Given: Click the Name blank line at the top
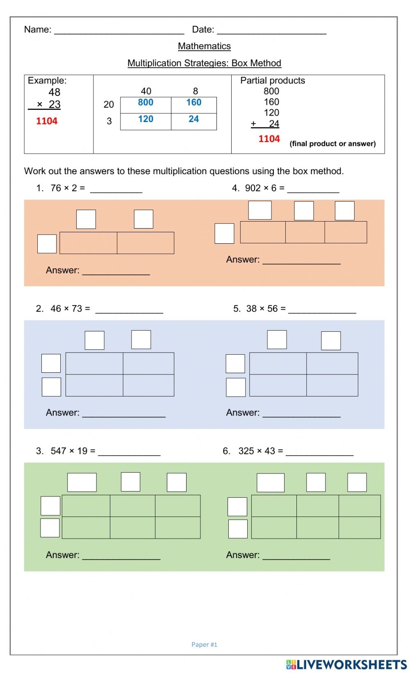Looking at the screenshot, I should pos(119,30).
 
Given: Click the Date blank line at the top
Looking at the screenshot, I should pos(271,30).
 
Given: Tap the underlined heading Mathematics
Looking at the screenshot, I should pos(204,46).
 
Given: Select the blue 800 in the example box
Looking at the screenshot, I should pos(146,102).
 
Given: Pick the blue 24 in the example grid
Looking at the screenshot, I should pos(194,119).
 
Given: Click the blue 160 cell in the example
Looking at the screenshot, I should pos(194,102).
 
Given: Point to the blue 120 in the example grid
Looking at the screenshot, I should pos(146,119).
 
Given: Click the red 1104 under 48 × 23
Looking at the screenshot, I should pos(47,121).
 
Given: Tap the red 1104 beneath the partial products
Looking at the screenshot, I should pos(269,139).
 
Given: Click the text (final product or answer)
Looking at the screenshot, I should pos(333,144).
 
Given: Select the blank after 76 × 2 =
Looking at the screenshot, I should pos(116,189).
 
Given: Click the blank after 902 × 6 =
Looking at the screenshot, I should pos(313,189).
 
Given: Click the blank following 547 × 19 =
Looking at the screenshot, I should pos(129,452).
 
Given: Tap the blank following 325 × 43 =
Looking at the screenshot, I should pos(319,452).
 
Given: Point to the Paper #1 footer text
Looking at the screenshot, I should pos(204,644).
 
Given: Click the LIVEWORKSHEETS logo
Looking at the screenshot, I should pos(346,664).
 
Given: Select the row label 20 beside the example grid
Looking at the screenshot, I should pos(109,104).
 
